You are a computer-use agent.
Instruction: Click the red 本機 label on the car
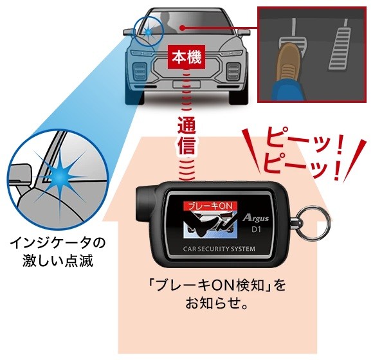click(x=186, y=57)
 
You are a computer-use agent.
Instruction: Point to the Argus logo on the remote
click(x=255, y=218)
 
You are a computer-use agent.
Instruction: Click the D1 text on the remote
click(x=256, y=230)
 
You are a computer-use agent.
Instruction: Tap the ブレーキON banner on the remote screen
click(x=210, y=206)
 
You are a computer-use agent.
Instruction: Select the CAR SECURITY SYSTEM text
click(x=219, y=249)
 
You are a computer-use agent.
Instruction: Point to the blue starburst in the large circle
click(x=59, y=177)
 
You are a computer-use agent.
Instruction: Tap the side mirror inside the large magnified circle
click(x=21, y=173)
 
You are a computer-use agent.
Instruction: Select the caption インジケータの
click(x=58, y=243)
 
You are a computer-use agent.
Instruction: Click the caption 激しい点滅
click(x=58, y=261)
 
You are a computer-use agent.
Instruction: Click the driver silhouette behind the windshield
click(x=167, y=23)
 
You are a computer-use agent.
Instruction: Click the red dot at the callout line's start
click(x=182, y=28)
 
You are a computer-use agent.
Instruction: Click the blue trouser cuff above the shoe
click(x=288, y=91)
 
